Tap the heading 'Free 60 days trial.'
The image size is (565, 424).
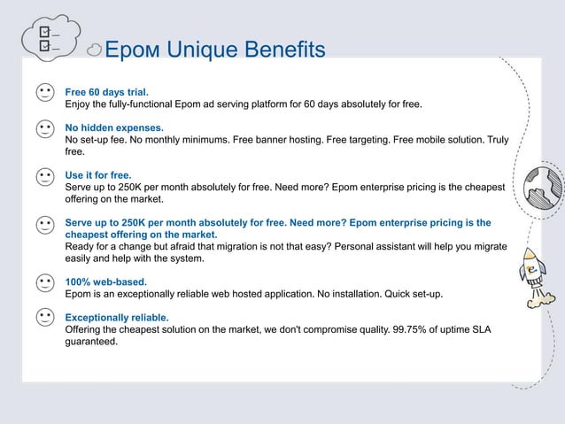click(107, 91)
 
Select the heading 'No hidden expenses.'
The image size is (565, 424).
click(114, 128)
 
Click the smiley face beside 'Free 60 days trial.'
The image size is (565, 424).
click(45, 93)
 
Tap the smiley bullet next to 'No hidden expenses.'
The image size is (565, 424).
click(45, 130)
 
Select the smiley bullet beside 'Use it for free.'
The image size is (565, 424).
click(45, 177)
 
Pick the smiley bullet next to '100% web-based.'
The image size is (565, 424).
click(45, 283)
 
